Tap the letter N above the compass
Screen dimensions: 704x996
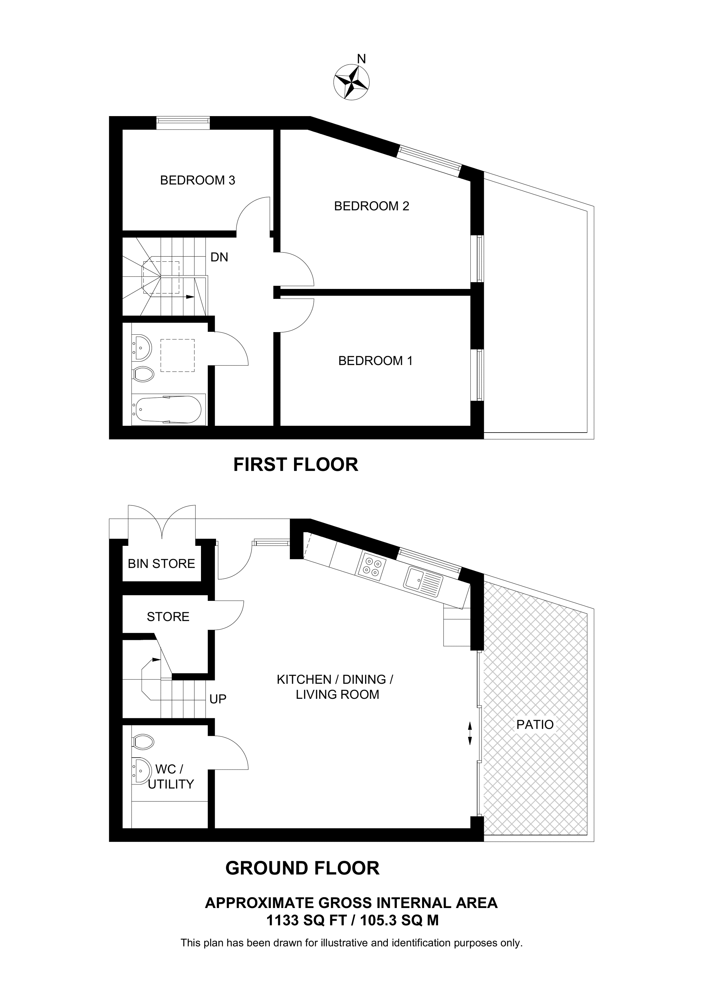click(x=361, y=59)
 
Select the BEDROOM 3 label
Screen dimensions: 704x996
click(x=197, y=180)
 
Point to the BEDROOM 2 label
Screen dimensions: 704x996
click(x=372, y=206)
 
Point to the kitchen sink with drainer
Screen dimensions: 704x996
click(x=423, y=581)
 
